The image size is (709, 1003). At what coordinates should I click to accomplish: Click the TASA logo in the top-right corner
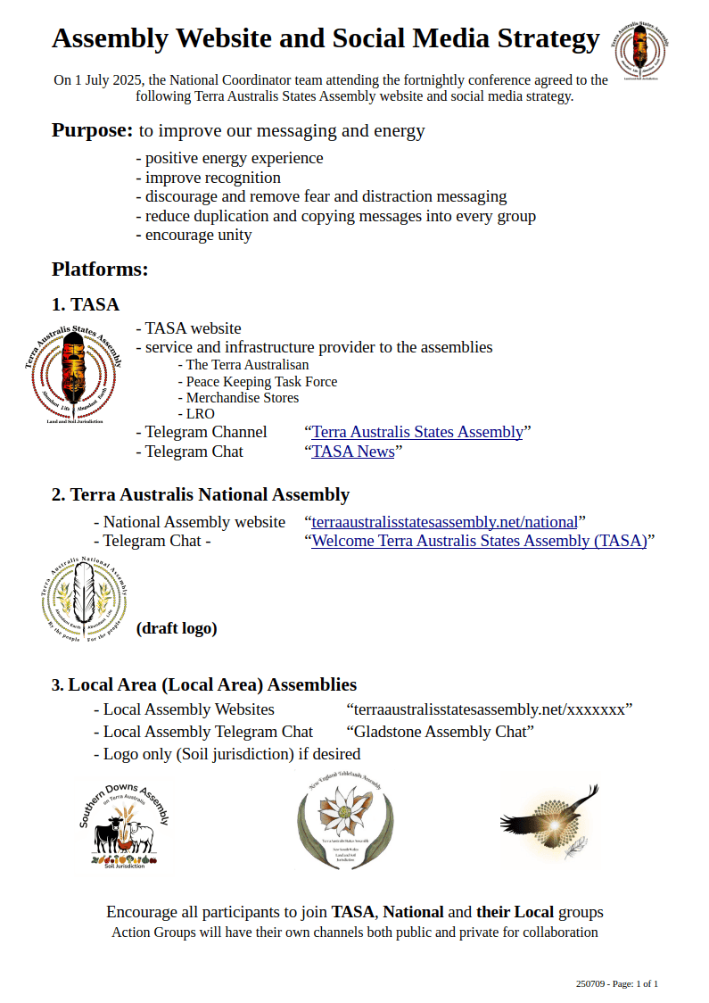641,51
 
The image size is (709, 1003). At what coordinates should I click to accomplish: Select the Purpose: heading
93,130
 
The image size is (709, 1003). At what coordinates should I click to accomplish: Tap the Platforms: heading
100,269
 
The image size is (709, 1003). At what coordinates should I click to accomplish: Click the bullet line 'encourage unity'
194,236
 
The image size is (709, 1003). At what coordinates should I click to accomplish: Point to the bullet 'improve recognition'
208,178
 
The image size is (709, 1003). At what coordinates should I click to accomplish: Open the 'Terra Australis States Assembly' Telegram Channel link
417,432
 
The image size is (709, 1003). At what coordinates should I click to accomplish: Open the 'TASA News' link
353,452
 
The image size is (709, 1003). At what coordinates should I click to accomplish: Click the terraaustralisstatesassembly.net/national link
444,522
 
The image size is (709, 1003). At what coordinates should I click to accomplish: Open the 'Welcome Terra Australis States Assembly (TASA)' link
479,541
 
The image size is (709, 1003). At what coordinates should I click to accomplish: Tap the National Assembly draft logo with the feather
85,597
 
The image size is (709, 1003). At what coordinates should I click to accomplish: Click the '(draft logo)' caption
177,628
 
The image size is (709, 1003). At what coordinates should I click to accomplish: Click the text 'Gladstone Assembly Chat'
440,732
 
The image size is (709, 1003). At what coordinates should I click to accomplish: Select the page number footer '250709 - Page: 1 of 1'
617,983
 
